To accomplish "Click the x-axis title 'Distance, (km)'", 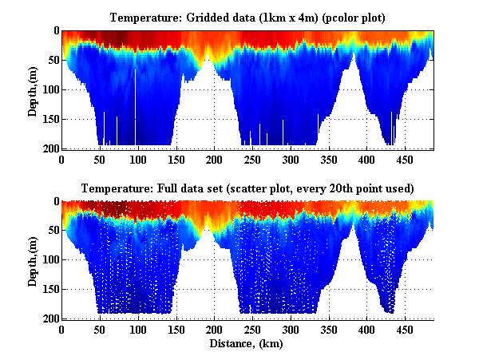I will (248, 343).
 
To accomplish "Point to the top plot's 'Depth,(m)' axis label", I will (33, 89).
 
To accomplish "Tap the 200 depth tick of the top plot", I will (49, 149).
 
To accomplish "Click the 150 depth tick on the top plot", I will (49, 120).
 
